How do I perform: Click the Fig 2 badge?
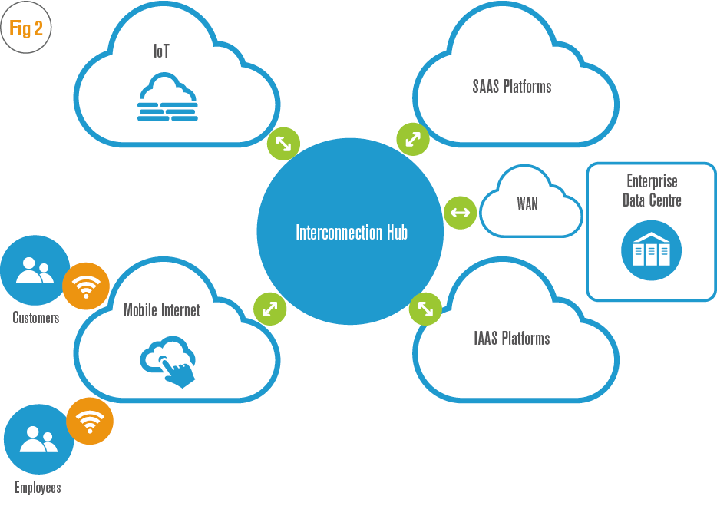(27, 29)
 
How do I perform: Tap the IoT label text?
(160, 52)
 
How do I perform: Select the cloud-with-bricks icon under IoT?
(167, 98)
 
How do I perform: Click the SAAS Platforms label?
(511, 86)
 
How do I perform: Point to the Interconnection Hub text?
(351, 232)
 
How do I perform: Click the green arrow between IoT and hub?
(283, 143)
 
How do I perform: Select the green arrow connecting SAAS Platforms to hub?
(413, 139)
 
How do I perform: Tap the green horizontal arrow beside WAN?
(460, 212)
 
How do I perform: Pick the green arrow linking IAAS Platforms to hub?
(425, 309)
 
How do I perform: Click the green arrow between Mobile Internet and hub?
(270, 309)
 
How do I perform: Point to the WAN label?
(527, 204)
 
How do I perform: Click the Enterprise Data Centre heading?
(653, 190)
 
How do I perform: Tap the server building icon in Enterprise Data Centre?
(651, 250)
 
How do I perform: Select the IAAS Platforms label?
(511, 338)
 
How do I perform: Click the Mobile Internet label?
(161, 310)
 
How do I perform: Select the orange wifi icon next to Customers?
(85, 286)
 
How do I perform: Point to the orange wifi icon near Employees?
(90, 421)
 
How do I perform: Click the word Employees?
(38, 488)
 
